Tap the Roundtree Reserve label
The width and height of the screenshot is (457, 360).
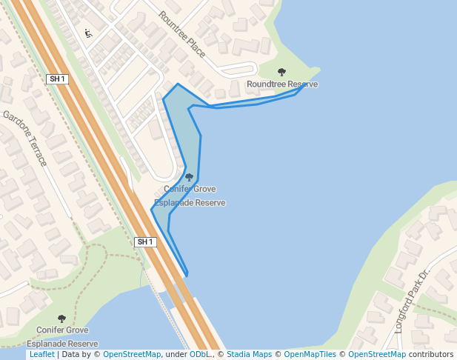[x=282, y=84]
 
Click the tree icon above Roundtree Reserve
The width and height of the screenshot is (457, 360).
[x=281, y=72]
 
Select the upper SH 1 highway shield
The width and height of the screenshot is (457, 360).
[x=57, y=79]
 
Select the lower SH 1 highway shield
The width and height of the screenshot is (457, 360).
[x=145, y=242]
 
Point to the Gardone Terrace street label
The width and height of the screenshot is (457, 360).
[x=25, y=138]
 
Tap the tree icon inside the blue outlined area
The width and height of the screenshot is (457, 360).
[x=189, y=177]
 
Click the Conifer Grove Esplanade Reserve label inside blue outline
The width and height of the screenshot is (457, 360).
[x=190, y=196]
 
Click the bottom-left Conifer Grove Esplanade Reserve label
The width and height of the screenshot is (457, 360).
[x=62, y=337]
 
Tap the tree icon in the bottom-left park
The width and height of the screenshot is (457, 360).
[x=61, y=319]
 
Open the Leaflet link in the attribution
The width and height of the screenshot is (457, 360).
[x=41, y=355]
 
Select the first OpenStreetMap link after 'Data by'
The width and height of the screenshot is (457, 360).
[x=132, y=355]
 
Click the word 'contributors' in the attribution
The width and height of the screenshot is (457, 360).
[x=430, y=355]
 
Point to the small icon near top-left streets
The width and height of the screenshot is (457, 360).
[x=88, y=33]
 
